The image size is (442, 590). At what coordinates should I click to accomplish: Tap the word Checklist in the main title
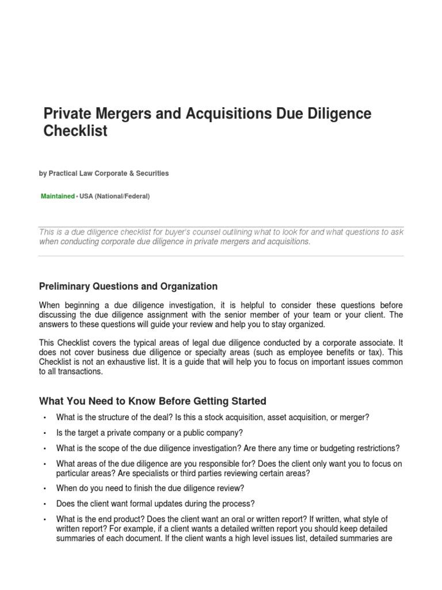[75, 131]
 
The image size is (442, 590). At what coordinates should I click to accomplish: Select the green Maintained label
[58, 196]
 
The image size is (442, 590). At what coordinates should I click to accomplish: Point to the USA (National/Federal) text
[114, 196]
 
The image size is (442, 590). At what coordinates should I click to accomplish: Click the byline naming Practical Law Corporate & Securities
[104, 173]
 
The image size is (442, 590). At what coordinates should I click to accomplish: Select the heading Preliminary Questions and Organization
[128, 286]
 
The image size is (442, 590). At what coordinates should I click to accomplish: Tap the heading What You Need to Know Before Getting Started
[153, 401]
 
